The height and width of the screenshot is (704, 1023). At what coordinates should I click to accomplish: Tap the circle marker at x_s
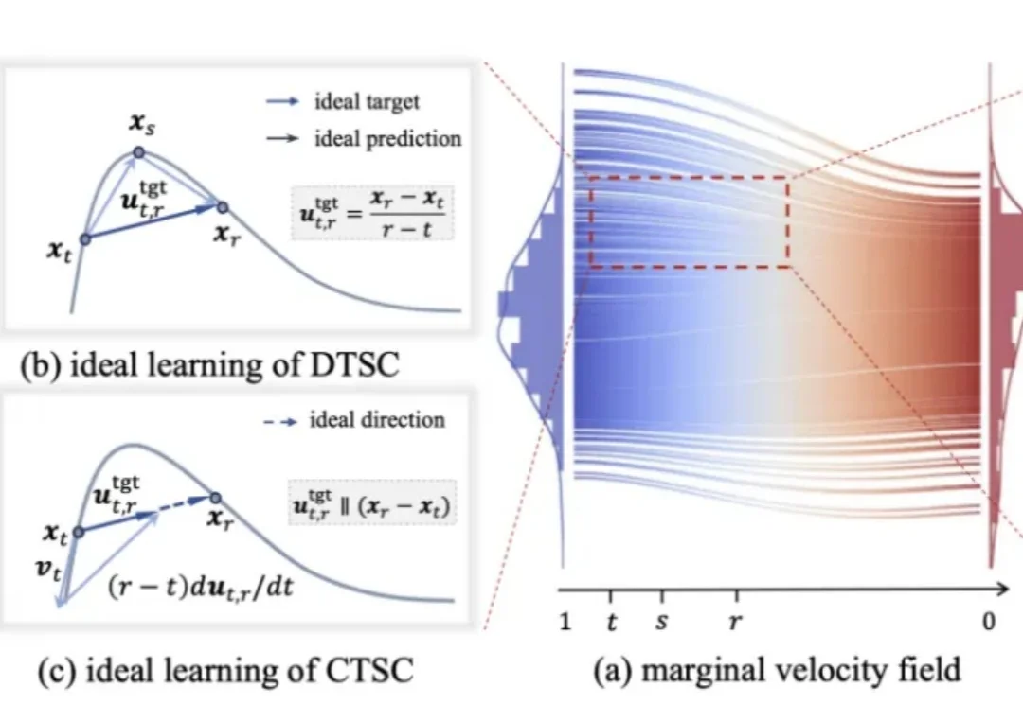coord(138,152)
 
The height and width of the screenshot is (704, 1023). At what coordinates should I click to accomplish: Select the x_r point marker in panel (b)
coord(222,206)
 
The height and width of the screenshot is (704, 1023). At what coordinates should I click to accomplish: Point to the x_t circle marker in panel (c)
coord(79,532)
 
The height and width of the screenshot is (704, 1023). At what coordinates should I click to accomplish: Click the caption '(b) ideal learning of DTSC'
coord(203,366)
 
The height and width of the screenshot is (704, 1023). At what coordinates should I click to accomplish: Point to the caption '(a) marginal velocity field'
coord(777,671)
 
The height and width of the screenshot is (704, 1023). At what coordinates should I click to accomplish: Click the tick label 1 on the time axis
coord(565,623)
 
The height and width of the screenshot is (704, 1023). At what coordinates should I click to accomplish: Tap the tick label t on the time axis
coord(611,623)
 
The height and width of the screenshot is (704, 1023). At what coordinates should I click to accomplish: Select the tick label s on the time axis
coord(661,623)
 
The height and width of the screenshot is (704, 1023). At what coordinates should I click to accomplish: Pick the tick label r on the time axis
coord(735,623)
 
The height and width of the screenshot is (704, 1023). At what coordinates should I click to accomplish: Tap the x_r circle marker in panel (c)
coord(215,499)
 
